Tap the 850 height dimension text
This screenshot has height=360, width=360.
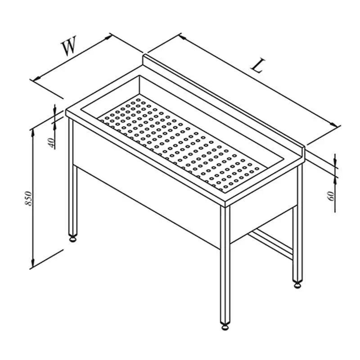[x=28, y=198]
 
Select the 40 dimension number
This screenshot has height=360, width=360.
[x=52, y=143]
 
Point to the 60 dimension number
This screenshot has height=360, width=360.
[x=331, y=196]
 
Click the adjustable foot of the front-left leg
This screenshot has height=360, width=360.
[x=73, y=239]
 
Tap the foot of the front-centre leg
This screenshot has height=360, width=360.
[x=225, y=327]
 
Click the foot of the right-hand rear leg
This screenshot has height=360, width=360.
[x=297, y=285]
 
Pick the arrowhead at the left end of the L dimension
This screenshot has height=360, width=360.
[x=183, y=37]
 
